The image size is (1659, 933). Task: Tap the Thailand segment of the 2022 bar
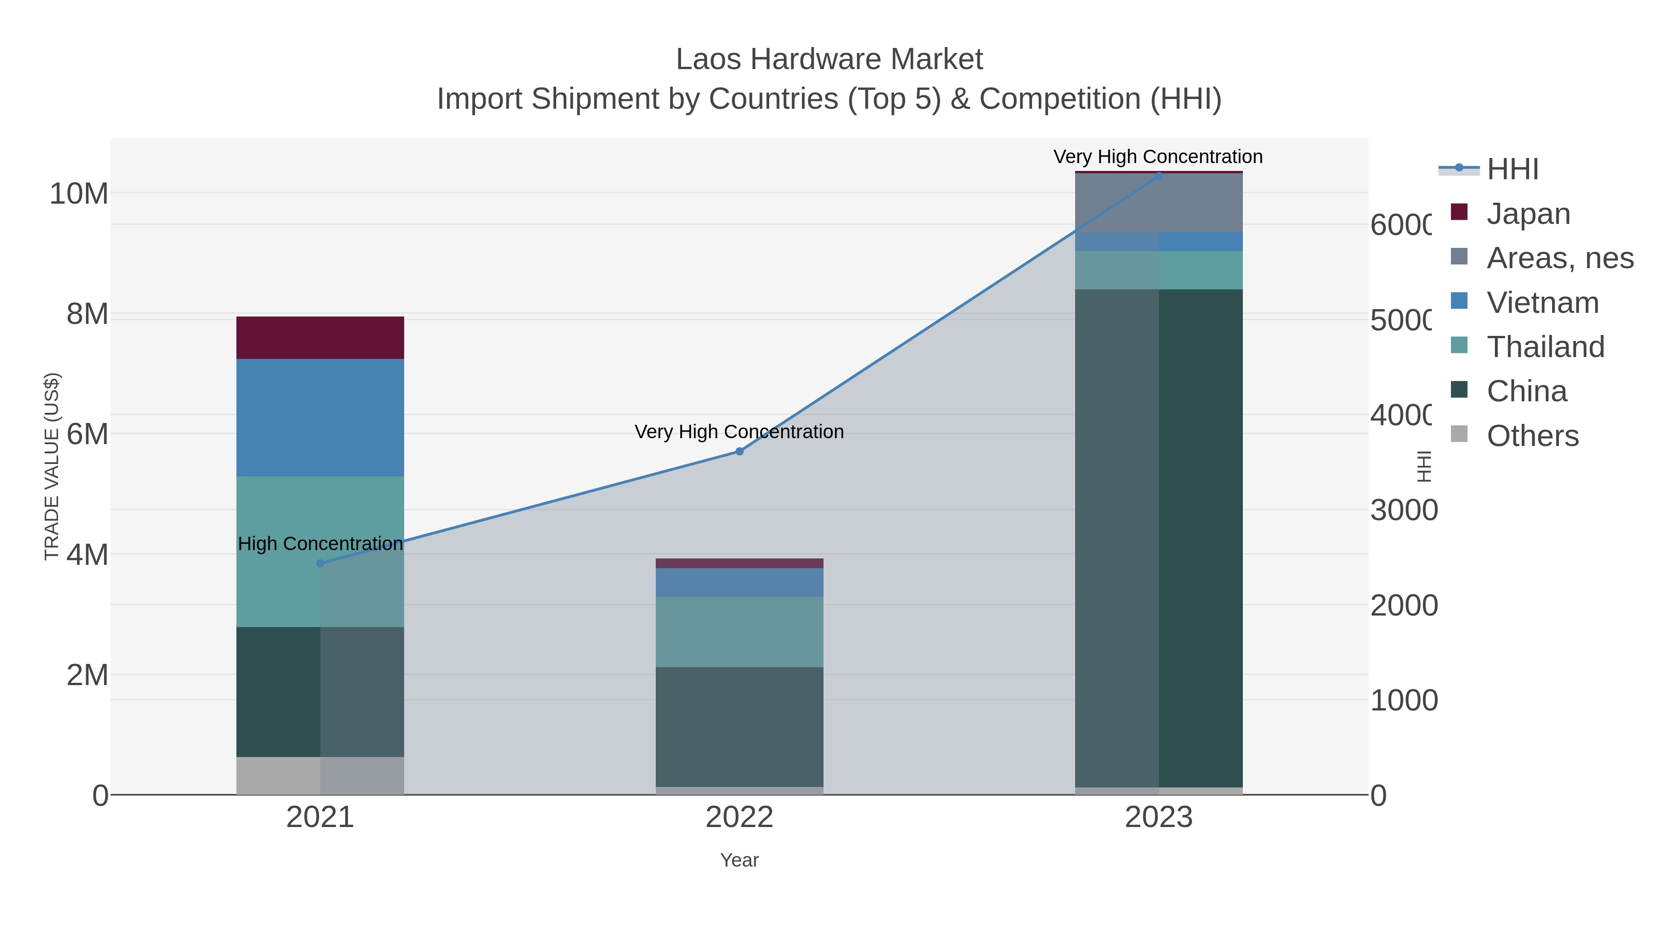click(739, 632)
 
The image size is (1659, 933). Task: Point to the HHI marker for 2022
click(739, 452)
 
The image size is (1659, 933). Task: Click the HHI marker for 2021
click(320, 563)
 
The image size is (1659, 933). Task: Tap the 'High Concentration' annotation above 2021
click(320, 544)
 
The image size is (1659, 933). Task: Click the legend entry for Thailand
click(1545, 346)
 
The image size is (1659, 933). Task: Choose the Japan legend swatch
click(1459, 212)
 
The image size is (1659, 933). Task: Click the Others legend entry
click(1532, 435)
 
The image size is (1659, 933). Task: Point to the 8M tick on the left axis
click(88, 314)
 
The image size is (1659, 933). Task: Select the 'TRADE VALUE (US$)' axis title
click(52, 466)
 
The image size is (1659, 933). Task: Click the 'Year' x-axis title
click(739, 860)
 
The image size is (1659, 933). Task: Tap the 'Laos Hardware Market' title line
click(829, 59)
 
